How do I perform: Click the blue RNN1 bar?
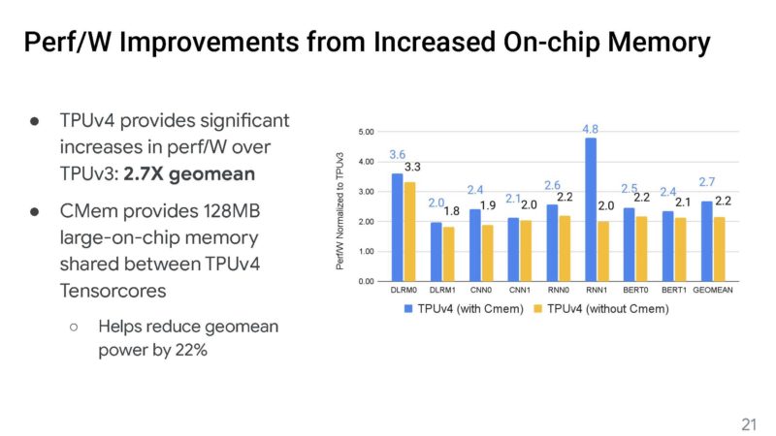(x=591, y=209)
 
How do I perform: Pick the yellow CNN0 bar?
(x=486, y=253)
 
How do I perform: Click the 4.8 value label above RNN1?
(x=590, y=129)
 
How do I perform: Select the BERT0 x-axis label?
(x=635, y=291)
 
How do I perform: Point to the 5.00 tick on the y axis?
(x=367, y=131)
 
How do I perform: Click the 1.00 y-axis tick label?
(x=367, y=251)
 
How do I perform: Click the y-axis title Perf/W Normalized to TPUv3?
(x=342, y=206)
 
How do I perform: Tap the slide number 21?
(x=748, y=423)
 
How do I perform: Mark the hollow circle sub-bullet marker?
(x=73, y=327)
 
